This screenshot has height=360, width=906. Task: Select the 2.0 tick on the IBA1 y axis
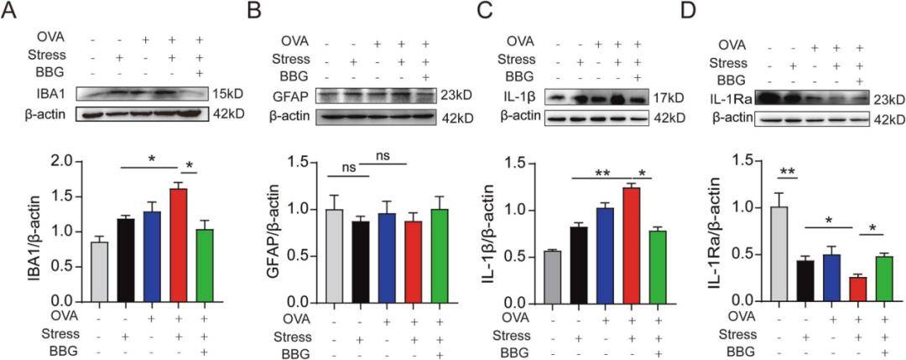[86, 161]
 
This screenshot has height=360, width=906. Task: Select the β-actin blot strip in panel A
[148, 112]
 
